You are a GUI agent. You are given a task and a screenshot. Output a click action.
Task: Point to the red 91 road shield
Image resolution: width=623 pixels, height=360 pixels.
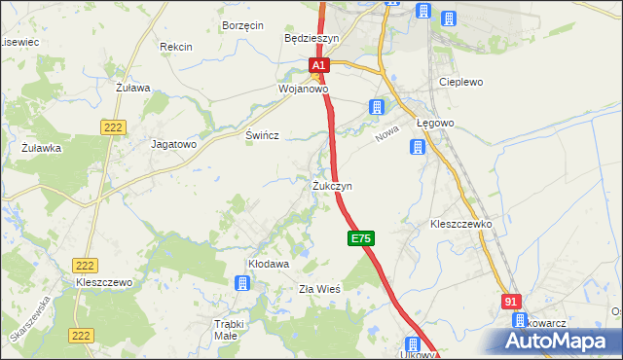[513, 303]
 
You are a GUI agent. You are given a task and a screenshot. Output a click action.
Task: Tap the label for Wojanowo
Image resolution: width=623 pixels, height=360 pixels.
[303, 88]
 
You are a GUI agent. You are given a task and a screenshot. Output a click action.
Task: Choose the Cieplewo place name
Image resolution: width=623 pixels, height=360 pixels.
[461, 83]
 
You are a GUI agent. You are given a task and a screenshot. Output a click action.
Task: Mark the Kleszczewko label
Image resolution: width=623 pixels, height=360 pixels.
[461, 224]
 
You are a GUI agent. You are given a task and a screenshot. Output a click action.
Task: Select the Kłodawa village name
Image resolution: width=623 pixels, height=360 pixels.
[269, 264]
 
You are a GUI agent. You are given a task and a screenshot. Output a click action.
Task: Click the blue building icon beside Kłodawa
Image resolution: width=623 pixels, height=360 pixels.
[241, 283]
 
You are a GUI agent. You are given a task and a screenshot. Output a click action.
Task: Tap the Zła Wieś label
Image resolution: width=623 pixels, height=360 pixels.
[318, 289]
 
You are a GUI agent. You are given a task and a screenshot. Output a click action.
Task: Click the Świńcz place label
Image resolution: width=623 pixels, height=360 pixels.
[263, 136]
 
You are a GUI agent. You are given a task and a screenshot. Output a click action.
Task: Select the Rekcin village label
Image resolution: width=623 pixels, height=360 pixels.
[176, 47]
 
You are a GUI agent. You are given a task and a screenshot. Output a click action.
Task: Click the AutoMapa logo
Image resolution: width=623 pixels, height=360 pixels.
[556, 340]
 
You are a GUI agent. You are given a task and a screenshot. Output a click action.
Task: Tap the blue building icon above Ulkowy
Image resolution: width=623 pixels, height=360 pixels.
[412, 344]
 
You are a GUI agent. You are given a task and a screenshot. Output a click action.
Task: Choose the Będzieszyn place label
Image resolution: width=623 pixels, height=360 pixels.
[311, 39]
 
